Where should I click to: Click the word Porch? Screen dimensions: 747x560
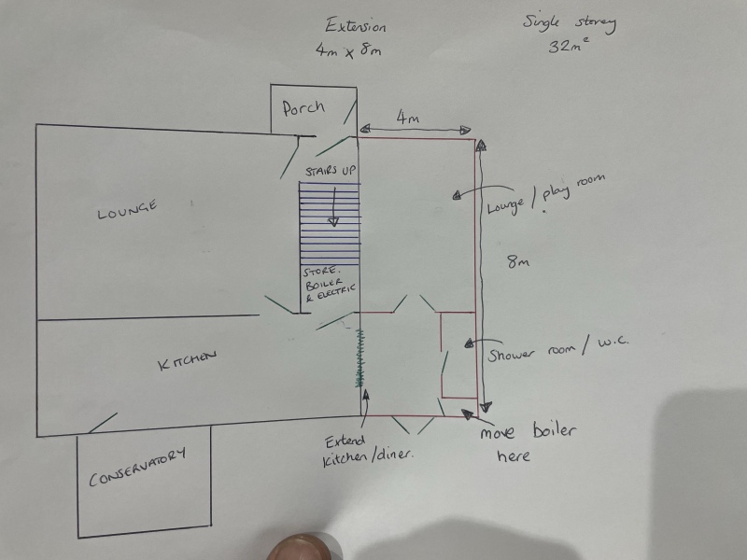[303, 108]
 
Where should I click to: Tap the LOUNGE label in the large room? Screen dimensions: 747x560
[127, 210]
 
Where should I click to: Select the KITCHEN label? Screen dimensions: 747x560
[187, 360]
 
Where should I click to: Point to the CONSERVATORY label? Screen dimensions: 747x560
[137, 468]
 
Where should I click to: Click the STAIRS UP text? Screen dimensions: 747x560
[331, 171]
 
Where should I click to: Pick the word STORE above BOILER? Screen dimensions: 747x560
[319, 272]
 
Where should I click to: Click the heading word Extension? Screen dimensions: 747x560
[356, 26]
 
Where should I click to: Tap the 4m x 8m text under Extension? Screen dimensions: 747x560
[348, 50]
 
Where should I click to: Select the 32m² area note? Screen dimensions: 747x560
[569, 45]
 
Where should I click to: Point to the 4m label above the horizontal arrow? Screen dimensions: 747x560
[407, 118]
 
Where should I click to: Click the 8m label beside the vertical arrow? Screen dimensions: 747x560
[518, 261]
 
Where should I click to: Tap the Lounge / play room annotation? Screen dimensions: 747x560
[546, 195]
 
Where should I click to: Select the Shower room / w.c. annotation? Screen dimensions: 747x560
[557, 349]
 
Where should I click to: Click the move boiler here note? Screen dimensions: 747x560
[528, 442]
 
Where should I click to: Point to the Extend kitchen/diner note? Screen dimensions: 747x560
[368, 451]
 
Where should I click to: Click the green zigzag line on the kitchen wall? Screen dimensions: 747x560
[360, 357]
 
